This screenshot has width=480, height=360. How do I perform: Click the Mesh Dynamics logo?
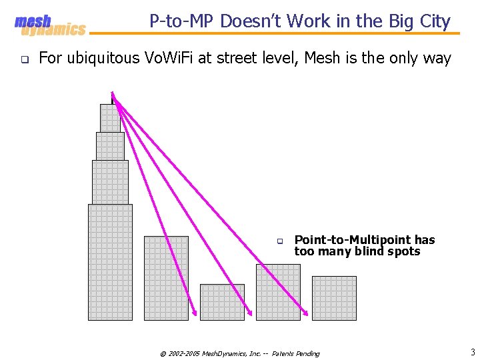(50, 25)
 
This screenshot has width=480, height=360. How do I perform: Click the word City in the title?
(433, 21)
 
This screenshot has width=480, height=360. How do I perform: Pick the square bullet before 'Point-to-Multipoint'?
(281, 241)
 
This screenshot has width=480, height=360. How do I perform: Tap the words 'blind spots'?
(391, 251)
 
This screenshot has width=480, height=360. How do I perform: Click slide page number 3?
(472, 352)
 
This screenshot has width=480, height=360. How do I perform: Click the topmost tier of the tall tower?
(110, 118)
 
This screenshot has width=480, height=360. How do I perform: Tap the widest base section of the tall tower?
(110, 261)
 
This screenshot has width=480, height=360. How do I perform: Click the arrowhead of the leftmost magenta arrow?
(195, 312)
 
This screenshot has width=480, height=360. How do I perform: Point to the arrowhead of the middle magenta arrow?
(251, 312)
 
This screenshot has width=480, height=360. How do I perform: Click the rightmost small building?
(334, 298)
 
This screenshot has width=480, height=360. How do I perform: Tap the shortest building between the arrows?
(222, 302)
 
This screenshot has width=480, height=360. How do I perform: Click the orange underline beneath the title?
(273, 34)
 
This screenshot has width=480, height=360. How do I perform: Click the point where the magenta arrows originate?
(113, 93)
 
